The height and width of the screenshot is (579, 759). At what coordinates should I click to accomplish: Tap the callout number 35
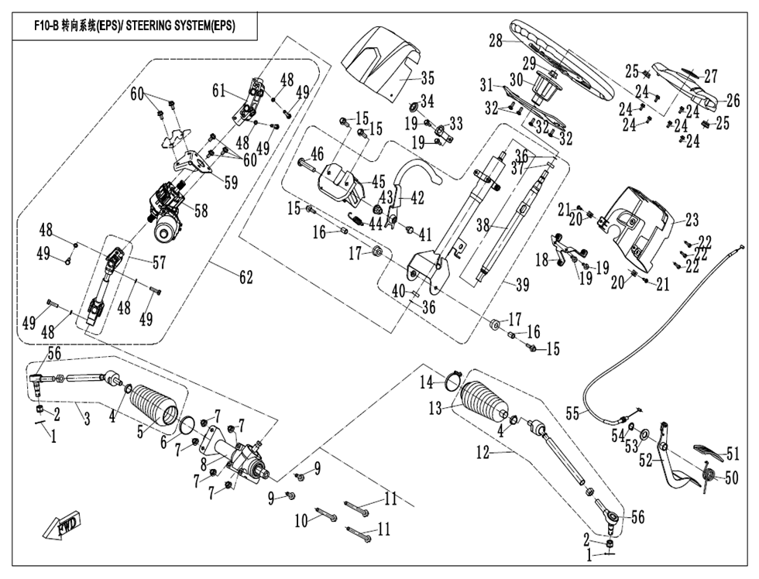coord(428,78)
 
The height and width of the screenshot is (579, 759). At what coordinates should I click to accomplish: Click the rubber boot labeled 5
coord(154,406)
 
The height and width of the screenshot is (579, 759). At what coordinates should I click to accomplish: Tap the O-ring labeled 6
coord(186,425)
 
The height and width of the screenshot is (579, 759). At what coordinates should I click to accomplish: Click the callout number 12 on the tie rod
coord(483,454)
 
